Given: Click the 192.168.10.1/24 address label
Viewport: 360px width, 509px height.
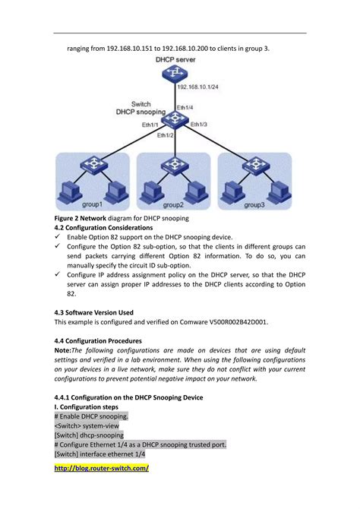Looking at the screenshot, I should click(198, 87).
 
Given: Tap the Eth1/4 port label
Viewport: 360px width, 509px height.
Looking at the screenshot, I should click(185, 108).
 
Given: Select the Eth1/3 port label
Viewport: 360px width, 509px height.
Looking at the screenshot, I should click(199, 124).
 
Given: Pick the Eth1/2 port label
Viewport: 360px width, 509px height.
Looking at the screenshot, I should click(166, 134).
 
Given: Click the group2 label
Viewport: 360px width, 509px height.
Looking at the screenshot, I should click(172, 205).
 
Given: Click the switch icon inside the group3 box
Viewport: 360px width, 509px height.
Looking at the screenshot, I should click(255, 163).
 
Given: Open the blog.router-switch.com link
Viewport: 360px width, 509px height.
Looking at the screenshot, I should click(102, 469).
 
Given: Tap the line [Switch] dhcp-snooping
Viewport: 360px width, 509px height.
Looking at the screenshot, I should click(89, 435).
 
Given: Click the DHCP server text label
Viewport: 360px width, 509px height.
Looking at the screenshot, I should click(175, 58).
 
